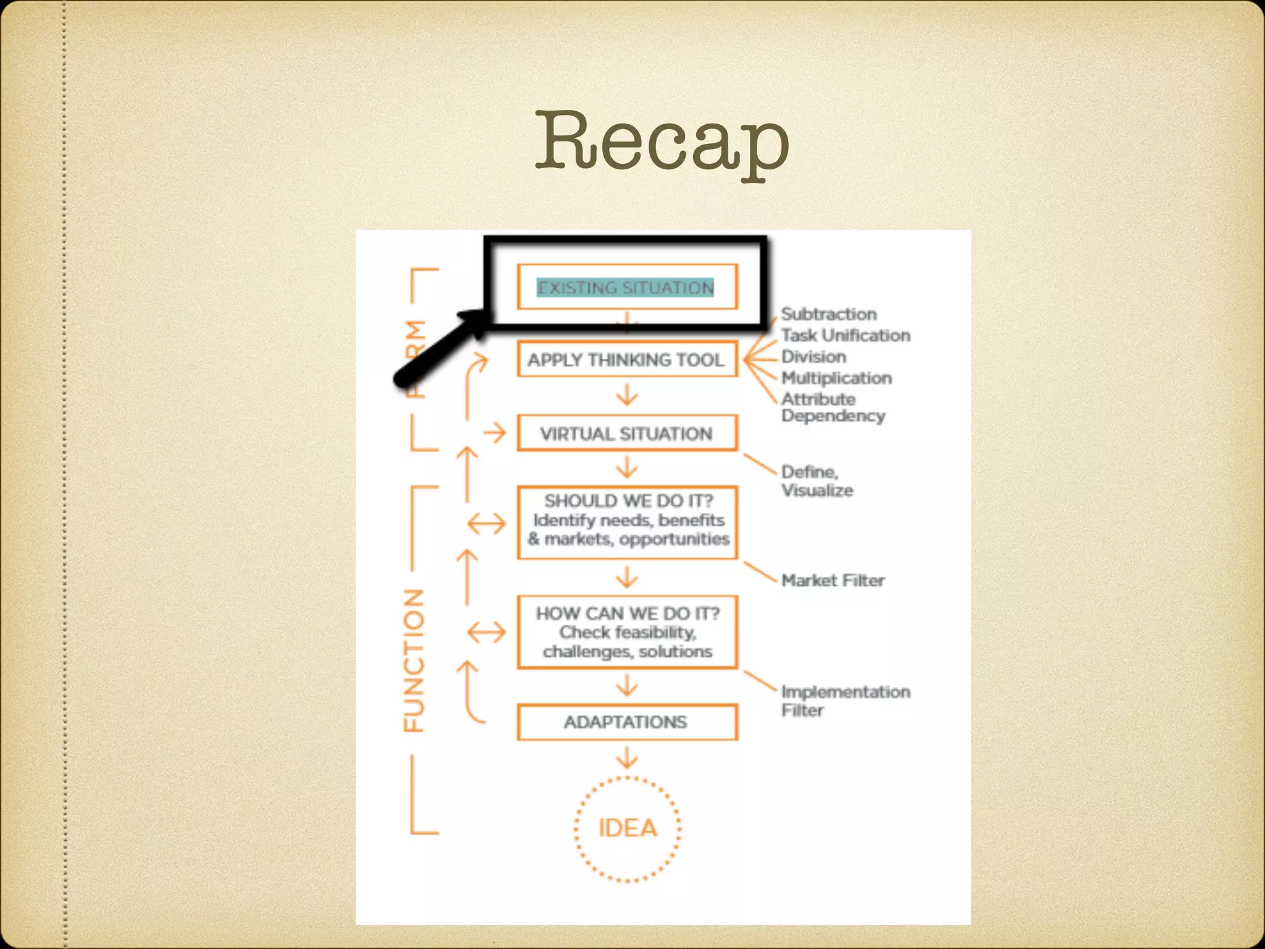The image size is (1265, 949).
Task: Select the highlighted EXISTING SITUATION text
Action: tap(626, 288)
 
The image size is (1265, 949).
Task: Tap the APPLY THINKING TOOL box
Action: tap(626, 360)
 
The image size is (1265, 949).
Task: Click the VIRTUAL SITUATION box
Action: tap(626, 434)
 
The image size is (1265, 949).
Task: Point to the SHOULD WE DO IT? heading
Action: tap(628, 500)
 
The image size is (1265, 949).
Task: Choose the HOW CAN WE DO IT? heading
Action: tap(628, 614)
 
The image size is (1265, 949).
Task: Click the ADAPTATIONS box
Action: tap(626, 722)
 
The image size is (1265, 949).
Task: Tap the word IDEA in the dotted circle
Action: tap(628, 829)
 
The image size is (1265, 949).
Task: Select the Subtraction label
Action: tap(828, 314)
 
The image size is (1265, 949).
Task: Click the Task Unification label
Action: tap(846, 335)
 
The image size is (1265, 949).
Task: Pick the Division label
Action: tap(813, 356)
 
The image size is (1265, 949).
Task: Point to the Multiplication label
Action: tap(836, 378)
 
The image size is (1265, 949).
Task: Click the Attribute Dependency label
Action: tap(832, 408)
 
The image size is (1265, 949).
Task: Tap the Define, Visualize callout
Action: tap(817, 481)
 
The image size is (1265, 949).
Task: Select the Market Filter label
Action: tap(833, 581)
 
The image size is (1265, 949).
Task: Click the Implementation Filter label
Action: tap(845, 701)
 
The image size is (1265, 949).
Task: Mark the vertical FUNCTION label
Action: tap(414, 660)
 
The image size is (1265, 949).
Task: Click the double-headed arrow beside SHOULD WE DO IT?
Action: tap(486, 525)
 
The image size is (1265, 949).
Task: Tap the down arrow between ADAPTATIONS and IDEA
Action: tap(627, 758)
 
